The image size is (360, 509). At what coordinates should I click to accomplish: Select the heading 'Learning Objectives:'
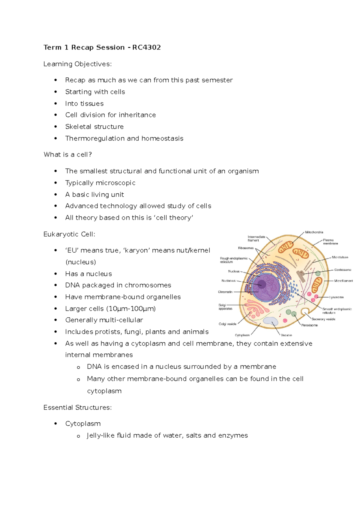point(77,64)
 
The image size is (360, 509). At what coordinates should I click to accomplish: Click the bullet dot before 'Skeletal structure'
point(55,127)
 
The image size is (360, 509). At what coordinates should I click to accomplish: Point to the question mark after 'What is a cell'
point(90,155)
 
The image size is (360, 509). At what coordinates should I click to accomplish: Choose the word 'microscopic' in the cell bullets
point(118,183)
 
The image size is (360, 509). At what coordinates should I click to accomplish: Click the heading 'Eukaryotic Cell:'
point(69,234)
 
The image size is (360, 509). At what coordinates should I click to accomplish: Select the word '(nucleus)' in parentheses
point(80,262)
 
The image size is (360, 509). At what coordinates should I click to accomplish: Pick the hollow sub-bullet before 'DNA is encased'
point(78,367)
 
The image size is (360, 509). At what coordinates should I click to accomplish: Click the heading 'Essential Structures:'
point(77,408)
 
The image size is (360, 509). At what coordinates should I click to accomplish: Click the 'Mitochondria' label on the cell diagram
point(314,232)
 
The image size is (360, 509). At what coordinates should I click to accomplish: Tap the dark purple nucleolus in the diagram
point(262,284)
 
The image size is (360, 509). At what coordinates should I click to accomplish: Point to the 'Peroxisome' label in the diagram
point(309,325)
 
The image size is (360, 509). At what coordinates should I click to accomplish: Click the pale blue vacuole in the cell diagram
point(271,321)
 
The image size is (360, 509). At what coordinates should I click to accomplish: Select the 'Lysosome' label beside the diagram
point(336,297)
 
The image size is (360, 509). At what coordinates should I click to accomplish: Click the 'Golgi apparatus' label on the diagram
point(225,307)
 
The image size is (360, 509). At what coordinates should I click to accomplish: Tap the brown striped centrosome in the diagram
point(301,276)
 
